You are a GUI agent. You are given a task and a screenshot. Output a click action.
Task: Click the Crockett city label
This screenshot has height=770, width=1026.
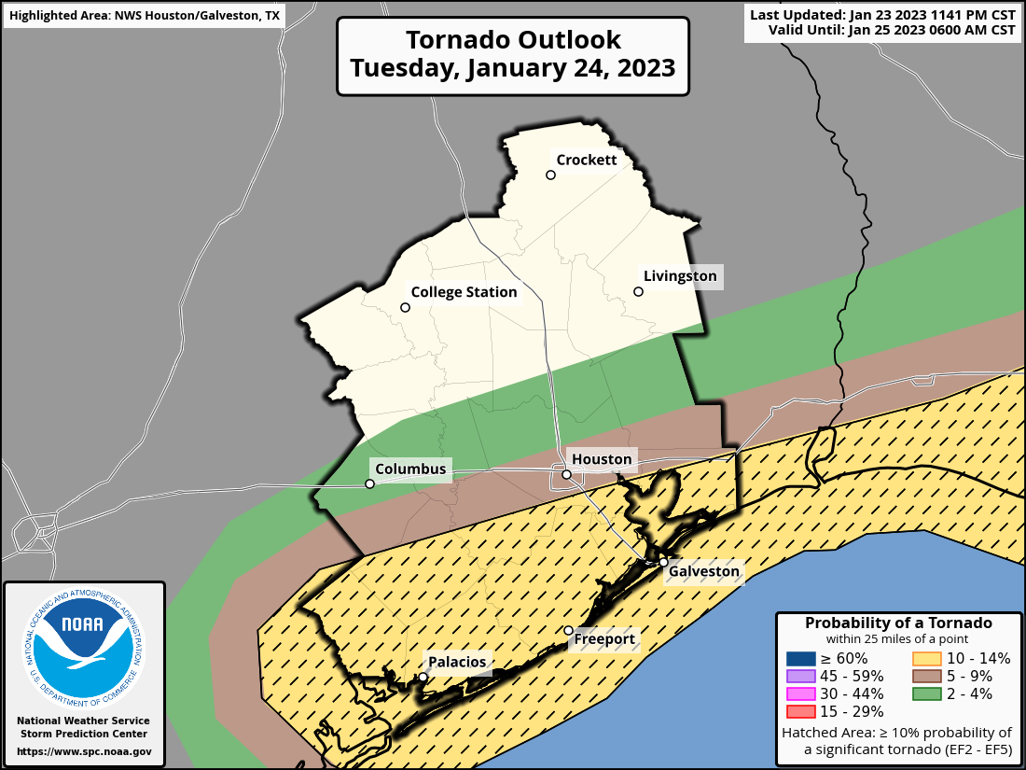coord(587,160)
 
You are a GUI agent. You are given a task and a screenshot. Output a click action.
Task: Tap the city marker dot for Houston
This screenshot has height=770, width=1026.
coord(566,475)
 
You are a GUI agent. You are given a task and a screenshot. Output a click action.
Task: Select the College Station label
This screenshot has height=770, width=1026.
coord(464,292)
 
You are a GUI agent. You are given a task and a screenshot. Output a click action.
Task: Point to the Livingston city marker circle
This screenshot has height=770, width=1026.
coord(639,291)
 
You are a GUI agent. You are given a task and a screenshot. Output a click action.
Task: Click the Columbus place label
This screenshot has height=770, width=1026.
coord(410,468)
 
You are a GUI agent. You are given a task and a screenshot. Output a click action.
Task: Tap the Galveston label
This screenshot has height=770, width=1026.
coord(704,571)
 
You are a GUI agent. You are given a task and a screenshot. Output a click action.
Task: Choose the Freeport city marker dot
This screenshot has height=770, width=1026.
coord(569,631)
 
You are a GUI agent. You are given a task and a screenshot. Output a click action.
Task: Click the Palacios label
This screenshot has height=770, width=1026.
coord(457,662)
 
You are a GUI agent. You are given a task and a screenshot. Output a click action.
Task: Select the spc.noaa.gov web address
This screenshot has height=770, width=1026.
coord(84,751)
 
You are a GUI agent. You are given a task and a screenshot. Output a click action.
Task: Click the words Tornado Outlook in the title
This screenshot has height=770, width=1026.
coord(513,40)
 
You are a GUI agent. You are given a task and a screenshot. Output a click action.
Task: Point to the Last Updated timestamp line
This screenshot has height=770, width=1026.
coord(882,15)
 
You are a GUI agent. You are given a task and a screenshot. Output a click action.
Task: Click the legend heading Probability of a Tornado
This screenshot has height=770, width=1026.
coord(898,623)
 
